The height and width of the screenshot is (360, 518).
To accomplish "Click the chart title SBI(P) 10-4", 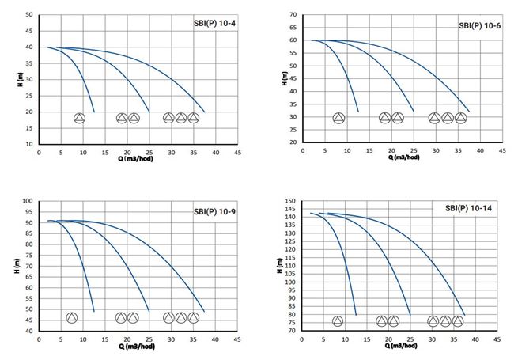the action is [214, 24].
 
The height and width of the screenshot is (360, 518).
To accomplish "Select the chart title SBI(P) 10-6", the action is [480, 26].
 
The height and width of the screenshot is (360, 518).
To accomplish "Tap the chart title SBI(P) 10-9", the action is [214, 211].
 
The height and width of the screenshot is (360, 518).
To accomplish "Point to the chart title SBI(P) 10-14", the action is [468, 208].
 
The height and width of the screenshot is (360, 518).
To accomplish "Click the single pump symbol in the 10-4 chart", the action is [79, 118].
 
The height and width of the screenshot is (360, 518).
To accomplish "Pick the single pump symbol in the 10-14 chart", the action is [338, 321].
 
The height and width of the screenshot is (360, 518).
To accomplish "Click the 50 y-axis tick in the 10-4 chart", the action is [29, 15].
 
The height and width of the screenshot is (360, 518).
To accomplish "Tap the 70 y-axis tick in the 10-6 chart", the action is [293, 15].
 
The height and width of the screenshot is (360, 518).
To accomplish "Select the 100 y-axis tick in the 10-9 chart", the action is [28, 201].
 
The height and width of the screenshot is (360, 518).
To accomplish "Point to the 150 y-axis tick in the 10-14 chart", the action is [289, 201].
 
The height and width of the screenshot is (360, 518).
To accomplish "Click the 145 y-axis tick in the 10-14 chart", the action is [289, 209].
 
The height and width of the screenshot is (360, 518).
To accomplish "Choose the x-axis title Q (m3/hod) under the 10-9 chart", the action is [137, 347].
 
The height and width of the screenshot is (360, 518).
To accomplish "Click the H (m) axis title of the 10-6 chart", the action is [285, 78].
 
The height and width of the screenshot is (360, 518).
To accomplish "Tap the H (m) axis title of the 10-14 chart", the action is [279, 266].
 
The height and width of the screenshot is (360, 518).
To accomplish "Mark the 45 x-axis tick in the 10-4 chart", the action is [237, 153].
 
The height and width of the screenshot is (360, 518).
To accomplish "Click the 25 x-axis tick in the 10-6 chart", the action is [414, 151].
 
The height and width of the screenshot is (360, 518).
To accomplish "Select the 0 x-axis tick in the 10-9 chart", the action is [39, 339].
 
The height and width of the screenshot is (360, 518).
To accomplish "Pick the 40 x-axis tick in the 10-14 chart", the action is [475, 339].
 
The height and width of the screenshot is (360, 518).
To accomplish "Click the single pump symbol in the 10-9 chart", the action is [72, 318].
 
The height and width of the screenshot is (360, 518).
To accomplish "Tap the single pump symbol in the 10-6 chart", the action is [339, 118].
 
